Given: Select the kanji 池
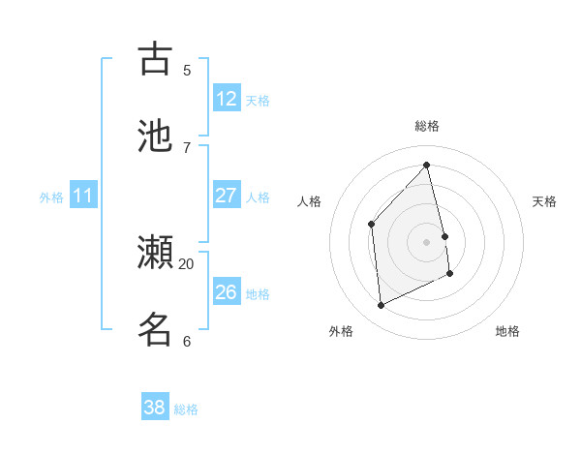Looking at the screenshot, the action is point(156,136).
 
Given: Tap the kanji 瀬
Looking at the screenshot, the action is point(156,253).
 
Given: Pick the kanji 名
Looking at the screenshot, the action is point(156,329).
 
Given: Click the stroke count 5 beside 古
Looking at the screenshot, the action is point(187,70).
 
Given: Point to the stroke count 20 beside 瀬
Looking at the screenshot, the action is point(187,263).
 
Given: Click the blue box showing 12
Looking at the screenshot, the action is point(227,99).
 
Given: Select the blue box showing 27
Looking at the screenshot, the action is point(227,196).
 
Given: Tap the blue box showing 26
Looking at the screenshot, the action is point(227,292).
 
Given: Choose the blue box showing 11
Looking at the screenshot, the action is point(83,197).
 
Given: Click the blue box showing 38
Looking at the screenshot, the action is point(155,408).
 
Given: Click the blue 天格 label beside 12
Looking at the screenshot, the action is point(258,101).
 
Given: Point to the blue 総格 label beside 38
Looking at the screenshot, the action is point(186,409).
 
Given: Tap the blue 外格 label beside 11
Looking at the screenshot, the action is point(51,197).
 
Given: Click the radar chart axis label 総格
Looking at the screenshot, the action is point(427,126).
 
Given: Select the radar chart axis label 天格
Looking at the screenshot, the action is point(544,201).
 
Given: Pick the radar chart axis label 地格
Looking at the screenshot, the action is point(507,331).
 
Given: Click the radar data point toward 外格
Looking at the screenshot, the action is point(381,306).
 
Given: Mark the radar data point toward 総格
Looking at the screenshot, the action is point(427,165).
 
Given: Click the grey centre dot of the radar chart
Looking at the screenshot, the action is point(427,241).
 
